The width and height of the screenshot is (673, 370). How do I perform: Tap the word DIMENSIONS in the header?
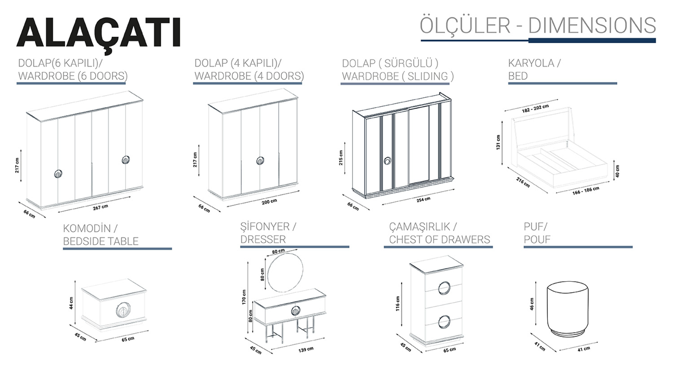click(x=592, y=26)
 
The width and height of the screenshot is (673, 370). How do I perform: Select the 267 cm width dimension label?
click(x=100, y=207)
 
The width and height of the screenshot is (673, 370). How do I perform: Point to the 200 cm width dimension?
click(x=269, y=201)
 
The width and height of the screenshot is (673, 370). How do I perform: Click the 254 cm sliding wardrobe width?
click(x=423, y=199)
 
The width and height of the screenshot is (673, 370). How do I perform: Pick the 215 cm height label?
click(x=341, y=158)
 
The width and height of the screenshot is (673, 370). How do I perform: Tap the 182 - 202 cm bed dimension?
click(x=535, y=108)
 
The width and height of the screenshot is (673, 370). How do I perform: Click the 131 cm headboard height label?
click(x=498, y=142)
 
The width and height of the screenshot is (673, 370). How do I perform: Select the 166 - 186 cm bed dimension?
click(x=586, y=190)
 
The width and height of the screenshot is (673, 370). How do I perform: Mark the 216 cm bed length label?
click(x=523, y=182)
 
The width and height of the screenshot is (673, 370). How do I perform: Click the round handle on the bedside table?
click(x=123, y=310)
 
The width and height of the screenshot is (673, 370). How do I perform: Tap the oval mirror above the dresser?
click(x=285, y=272)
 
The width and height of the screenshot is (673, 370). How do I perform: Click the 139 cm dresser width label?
click(x=306, y=350)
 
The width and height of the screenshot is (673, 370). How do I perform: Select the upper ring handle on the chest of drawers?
click(x=444, y=289)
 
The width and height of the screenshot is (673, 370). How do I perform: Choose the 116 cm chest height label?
click(x=397, y=303)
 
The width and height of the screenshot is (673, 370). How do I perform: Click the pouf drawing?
click(x=567, y=309)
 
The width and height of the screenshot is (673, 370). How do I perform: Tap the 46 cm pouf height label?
click(x=532, y=304)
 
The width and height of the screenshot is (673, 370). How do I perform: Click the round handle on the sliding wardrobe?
click(x=388, y=161)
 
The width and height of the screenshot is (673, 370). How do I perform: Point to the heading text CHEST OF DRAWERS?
click(x=440, y=240)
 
